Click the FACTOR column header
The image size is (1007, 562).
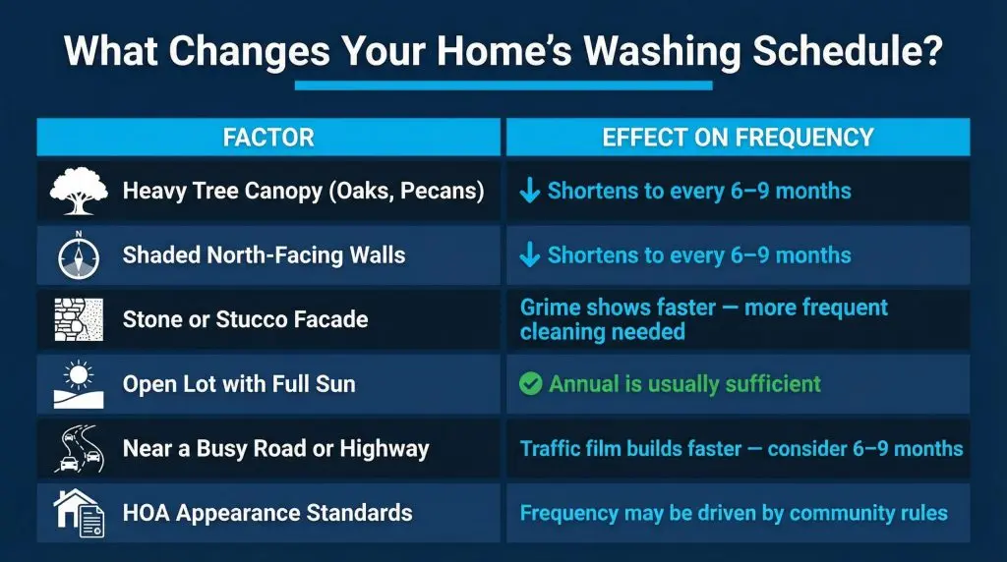tap(268, 138)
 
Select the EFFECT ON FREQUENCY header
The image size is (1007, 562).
tap(738, 138)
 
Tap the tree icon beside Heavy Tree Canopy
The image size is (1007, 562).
tap(79, 191)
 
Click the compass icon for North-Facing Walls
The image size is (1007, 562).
tap(79, 255)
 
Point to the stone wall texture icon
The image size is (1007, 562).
tap(79, 319)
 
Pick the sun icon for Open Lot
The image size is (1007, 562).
tap(79, 384)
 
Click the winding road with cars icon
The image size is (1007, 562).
tap(80, 448)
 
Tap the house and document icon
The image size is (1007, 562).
tap(79, 513)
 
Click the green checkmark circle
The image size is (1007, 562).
tap(530, 384)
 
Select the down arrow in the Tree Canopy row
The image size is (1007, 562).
tap(530, 191)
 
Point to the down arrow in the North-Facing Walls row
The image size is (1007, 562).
tap(530, 254)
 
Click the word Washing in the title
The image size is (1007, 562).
tap(662, 51)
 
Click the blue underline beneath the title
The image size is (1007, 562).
tap(503, 85)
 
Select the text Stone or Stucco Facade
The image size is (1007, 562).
tap(245, 319)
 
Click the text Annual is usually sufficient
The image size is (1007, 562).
tap(684, 383)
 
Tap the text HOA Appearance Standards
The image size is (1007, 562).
tap(267, 513)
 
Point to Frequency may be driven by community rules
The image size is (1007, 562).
tap(734, 513)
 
